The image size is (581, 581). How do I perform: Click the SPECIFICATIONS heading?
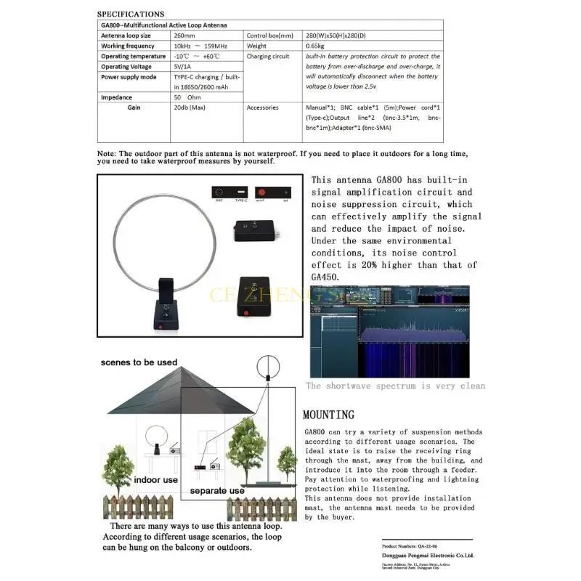point(130,14)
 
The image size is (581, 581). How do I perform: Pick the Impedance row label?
point(116,97)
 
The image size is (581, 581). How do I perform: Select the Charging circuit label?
point(268,56)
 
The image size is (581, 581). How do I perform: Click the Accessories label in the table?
point(263,107)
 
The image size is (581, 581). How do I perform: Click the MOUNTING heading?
point(328,415)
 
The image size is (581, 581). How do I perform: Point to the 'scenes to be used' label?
point(139,362)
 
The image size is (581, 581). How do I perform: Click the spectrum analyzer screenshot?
point(389,332)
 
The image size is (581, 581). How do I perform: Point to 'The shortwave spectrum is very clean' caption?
point(395,386)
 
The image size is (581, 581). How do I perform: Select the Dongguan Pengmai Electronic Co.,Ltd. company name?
point(428,556)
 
